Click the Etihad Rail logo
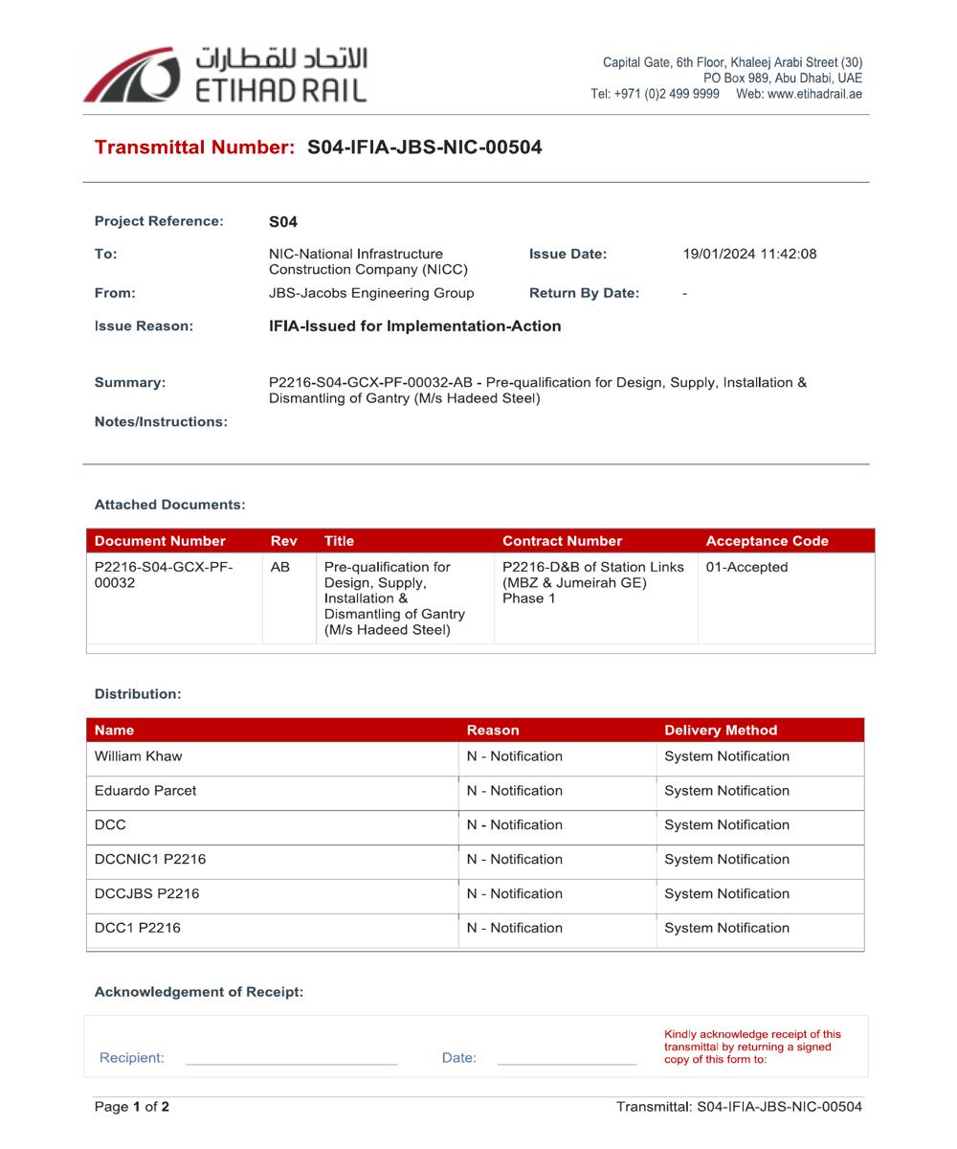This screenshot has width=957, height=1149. point(225,75)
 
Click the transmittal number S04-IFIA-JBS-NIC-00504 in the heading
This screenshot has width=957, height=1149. point(424,147)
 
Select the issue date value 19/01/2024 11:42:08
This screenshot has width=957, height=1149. point(749,254)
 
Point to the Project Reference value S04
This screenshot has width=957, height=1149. point(283,222)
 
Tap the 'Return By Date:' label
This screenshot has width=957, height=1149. point(584,293)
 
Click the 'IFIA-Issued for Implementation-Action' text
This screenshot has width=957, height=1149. point(414,327)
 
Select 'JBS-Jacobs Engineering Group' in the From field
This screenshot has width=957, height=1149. point(371,293)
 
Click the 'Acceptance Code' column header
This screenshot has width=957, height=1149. point(767,541)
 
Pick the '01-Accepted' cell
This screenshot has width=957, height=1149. point(746,567)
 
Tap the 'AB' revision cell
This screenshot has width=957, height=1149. point(279,567)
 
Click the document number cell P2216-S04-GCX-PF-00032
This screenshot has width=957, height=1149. point(164,574)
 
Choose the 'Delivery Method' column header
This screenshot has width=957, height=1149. point(721,731)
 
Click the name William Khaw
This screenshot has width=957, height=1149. point(138,756)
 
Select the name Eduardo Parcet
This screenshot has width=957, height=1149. point(145,791)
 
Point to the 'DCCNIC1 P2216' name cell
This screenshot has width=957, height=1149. point(150,860)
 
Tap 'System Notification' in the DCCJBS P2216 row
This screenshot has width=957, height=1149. point(726,894)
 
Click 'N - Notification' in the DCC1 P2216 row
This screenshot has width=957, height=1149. point(514,929)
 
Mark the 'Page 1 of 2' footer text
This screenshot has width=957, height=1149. point(132,1107)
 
